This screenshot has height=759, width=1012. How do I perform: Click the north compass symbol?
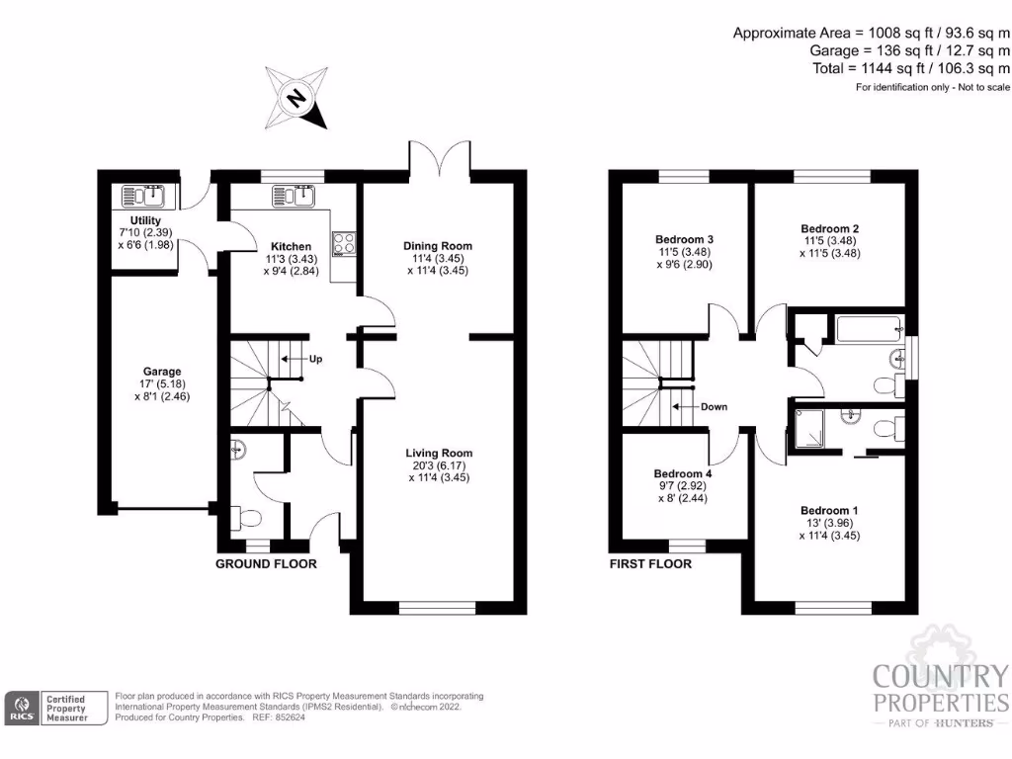click(295, 97)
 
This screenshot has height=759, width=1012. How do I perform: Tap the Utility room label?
click(146, 220)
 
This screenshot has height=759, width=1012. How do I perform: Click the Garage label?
click(161, 372)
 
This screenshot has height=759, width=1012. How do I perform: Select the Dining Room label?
click(438, 246)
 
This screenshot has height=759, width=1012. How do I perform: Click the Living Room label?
click(438, 454)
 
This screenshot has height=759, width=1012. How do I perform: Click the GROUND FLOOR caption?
click(267, 564)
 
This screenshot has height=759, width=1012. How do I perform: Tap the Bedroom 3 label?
click(685, 239)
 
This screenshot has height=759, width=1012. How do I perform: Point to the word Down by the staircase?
click(714, 406)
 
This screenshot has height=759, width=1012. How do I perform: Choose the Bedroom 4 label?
click(685, 474)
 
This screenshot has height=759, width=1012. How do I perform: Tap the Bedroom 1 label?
click(829, 511)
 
